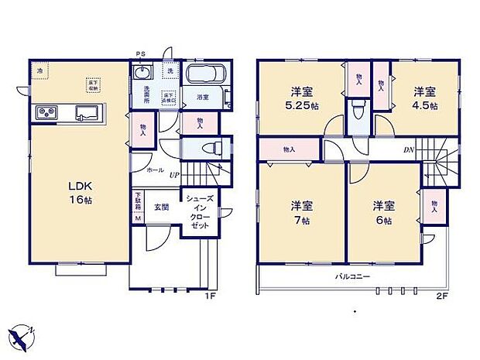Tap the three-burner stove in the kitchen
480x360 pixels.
tap(45, 113)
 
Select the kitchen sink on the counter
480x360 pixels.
tap(87, 114)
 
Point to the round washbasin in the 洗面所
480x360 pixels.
tap(142, 73)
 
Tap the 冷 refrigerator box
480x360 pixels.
tap(39, 71)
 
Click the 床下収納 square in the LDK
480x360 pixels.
tap(92, 84)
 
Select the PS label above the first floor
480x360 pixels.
tap(141, 54)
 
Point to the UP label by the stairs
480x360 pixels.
tap(175, 176)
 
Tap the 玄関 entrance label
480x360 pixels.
tap(160, 206)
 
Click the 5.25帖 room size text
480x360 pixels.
tap(300, 105)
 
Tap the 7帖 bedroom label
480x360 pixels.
tap(301, 220)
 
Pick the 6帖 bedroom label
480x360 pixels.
tap(379, 220)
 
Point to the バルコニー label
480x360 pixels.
tap(352, 276)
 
